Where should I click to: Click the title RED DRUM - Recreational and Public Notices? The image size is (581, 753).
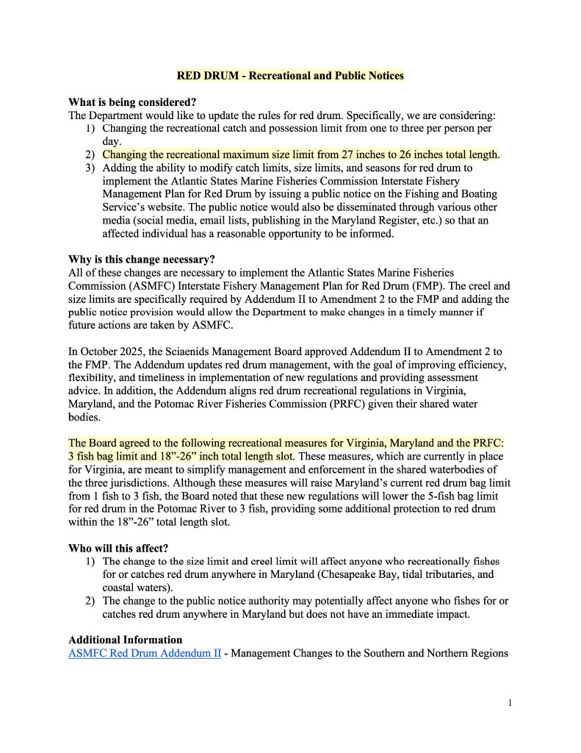click(290, 76)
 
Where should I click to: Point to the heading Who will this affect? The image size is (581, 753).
click(118, 548)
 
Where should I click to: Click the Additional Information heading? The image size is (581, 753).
click(126, 640)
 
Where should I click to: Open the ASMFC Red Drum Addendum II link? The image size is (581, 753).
click(145, 653)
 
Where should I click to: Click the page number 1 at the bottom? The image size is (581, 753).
click(510, 703)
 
